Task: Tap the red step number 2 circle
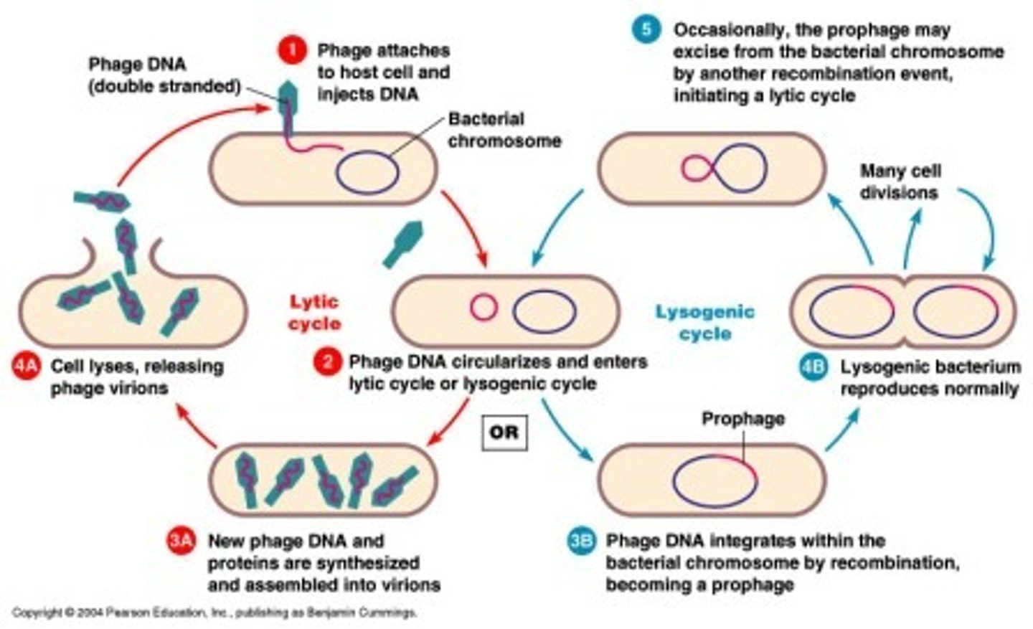(x=327, y=361)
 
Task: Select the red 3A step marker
(x=180, y=541)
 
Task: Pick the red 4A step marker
(x=27, y=366)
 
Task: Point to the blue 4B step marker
(x=813, y=367)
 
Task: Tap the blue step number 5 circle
(x=646, y=29)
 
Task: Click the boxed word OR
(x=504, y=432)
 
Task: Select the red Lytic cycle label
(x=313, y=313)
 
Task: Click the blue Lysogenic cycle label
(x=704, y=322)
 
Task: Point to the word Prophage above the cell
(x=742, y=418)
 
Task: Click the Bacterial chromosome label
(x=504, y=130)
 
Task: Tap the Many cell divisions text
(x=900, y=181)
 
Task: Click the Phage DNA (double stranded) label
(x=164, y=75)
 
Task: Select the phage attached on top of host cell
(x=287, y=98)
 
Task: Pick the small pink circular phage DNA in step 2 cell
(x=484, y=308)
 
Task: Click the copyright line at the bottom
(x=214, y=613)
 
